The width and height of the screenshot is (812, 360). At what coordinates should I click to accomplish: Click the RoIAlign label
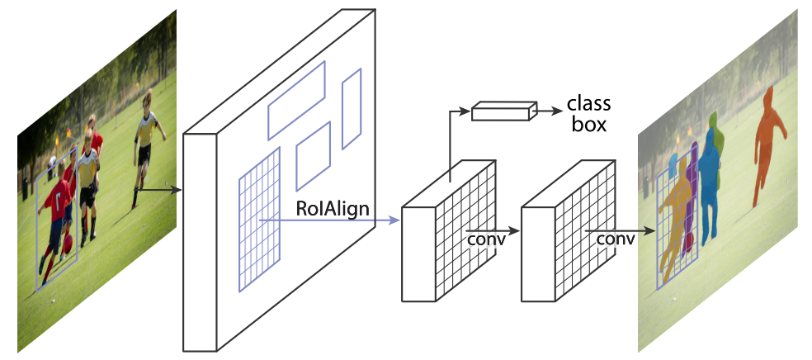click(333, 209)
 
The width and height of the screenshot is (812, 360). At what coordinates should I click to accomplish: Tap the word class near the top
click(589, 103)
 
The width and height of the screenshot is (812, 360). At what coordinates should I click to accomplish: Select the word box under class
click(589, 125)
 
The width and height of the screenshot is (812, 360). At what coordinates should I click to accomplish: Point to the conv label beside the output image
click(616, 239)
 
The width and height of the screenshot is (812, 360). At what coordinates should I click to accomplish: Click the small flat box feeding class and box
click(504, 111)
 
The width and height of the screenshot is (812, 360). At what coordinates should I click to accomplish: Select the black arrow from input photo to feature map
click(158, 190)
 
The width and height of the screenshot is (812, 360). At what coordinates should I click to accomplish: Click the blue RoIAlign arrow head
click(395, 220)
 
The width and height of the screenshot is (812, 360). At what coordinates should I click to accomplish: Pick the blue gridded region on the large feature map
click(259, 220)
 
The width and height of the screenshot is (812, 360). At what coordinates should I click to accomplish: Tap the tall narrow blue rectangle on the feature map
click(352, 109)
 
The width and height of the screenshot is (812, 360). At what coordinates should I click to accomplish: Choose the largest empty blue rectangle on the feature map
click(296, 101)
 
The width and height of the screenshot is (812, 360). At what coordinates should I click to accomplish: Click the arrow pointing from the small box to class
click(550, 111)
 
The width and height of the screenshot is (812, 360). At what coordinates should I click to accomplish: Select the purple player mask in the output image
click(690, 197)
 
